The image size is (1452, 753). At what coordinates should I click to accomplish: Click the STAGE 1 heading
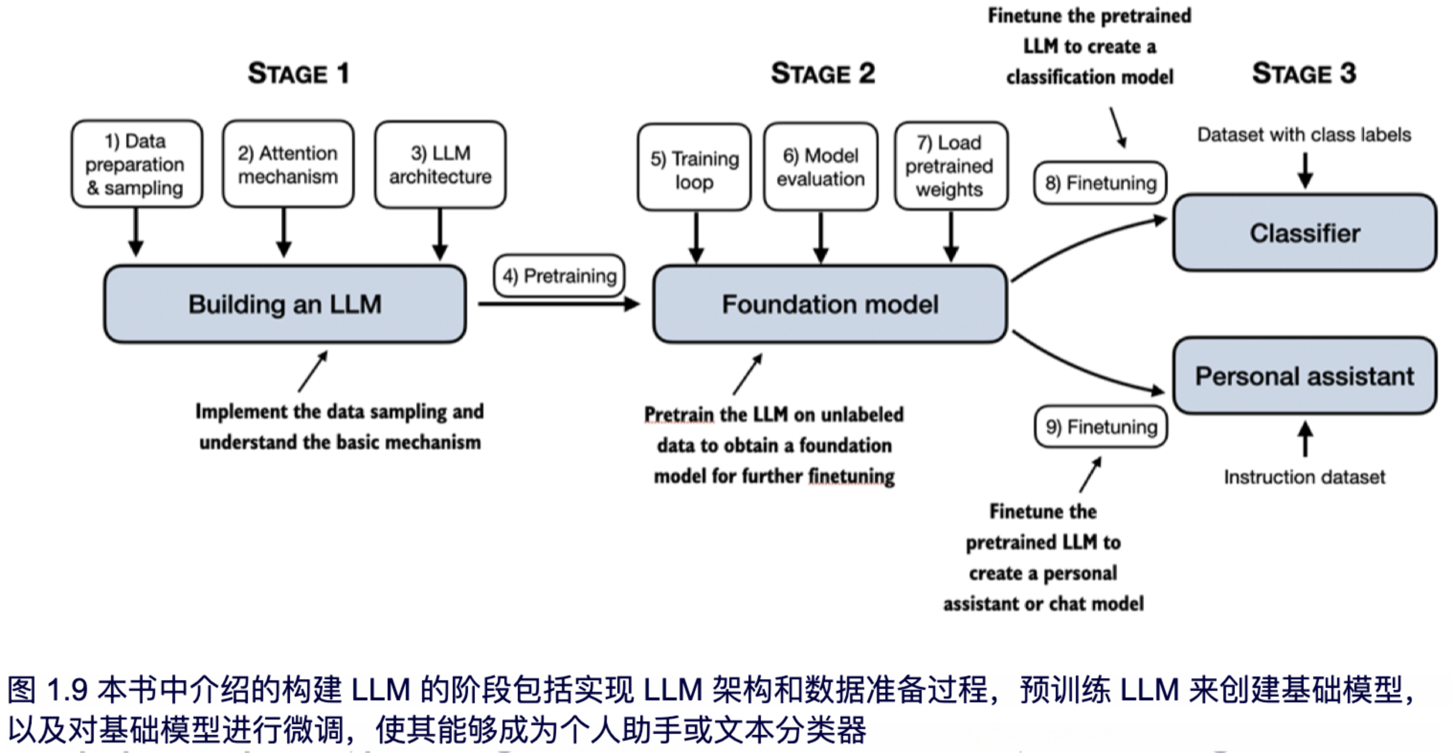tap(299, 73)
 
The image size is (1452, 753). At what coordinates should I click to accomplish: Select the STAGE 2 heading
tap(823, 73)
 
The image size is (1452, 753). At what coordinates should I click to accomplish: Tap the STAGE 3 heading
tap(1304, 73)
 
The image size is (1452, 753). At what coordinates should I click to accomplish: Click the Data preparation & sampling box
tap(136, 164)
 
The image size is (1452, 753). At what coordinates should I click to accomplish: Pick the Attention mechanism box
tap(288, 164)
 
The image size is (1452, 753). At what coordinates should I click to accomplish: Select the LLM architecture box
tap(440, 165)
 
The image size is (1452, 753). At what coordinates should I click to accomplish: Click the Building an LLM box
tap(285, 304)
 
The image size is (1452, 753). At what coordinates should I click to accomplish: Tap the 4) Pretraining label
tap(559, 276)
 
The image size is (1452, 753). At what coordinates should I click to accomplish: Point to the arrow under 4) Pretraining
tap(558, 304)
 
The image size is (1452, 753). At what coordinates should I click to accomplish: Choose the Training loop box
tap(694, 168)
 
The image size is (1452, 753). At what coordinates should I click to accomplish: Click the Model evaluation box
tap(821, 167)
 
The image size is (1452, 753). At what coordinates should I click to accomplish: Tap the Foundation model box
tap(830, 304)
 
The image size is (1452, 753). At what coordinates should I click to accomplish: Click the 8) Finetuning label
tap(1100, 183)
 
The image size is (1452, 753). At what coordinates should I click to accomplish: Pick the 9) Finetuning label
tap(1101, 427)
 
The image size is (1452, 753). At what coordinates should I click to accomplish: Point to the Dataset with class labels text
tap(1304, 135)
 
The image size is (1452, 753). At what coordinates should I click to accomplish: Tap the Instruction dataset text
tap(1304, 477)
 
